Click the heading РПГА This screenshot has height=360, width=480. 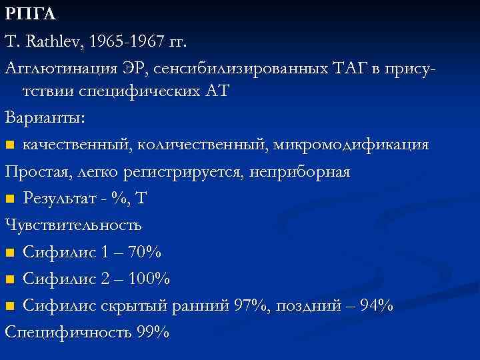[29, 15]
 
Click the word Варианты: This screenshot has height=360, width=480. [44, 118]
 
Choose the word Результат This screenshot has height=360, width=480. [60, 198]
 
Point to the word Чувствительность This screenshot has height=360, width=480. [73, 225]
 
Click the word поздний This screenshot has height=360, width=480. [306, 305]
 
